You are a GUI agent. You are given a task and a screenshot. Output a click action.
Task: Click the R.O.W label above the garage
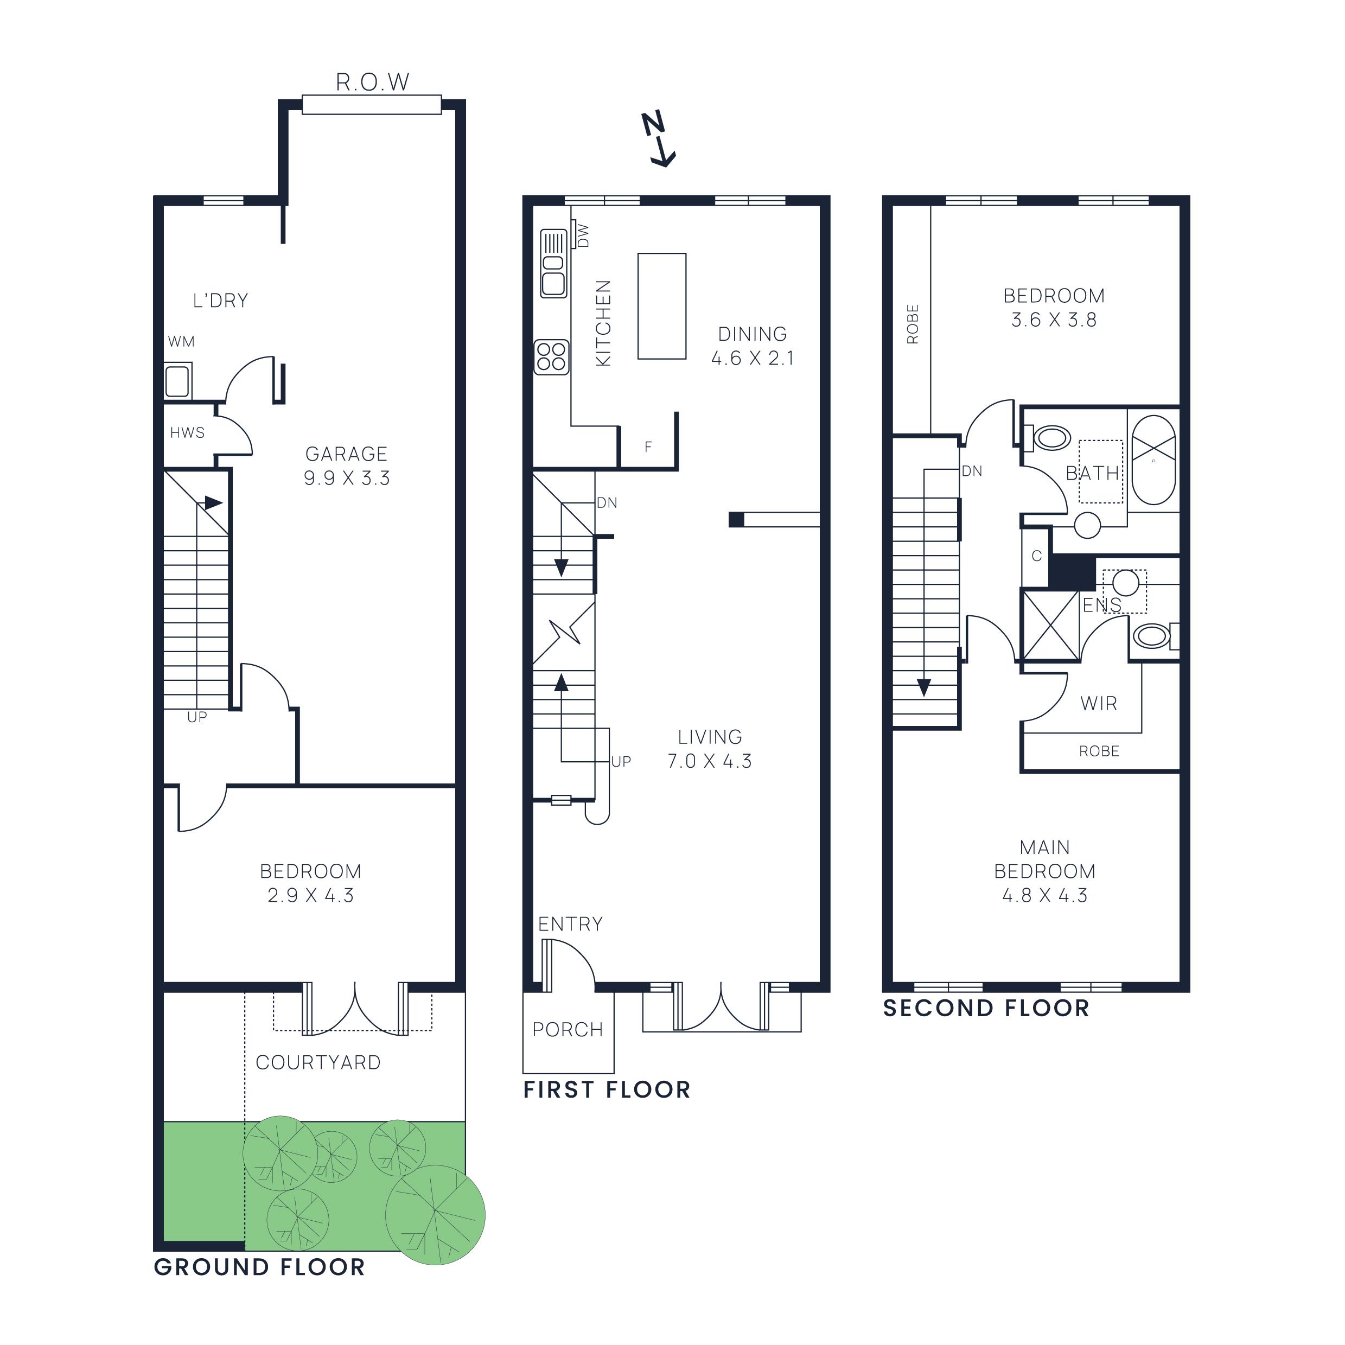coord(372,82)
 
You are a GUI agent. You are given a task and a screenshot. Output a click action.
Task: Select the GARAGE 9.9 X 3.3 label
coord(347,466)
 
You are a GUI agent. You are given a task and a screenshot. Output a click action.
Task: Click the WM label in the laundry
coord(181,342)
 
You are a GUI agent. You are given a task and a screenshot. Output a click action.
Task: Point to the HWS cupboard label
coord(187,433)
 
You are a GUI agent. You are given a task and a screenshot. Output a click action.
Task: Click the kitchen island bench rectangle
coord(661,307)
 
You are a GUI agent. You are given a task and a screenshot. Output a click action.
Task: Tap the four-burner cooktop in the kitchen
coord(551,357)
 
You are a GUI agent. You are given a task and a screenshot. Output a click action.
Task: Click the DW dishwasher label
coord(583,235)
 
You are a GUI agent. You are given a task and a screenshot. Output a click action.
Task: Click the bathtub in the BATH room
coord(1153,460)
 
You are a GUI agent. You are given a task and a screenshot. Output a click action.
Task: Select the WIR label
coord(1099,704)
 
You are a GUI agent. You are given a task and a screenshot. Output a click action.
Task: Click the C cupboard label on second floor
coord(1036,556)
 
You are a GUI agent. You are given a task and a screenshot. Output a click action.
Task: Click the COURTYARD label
coord(318,1062)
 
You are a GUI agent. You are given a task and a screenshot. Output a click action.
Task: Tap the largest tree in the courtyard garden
coord(435,1215)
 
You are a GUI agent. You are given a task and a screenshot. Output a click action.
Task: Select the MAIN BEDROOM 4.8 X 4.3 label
coord(1044,871)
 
